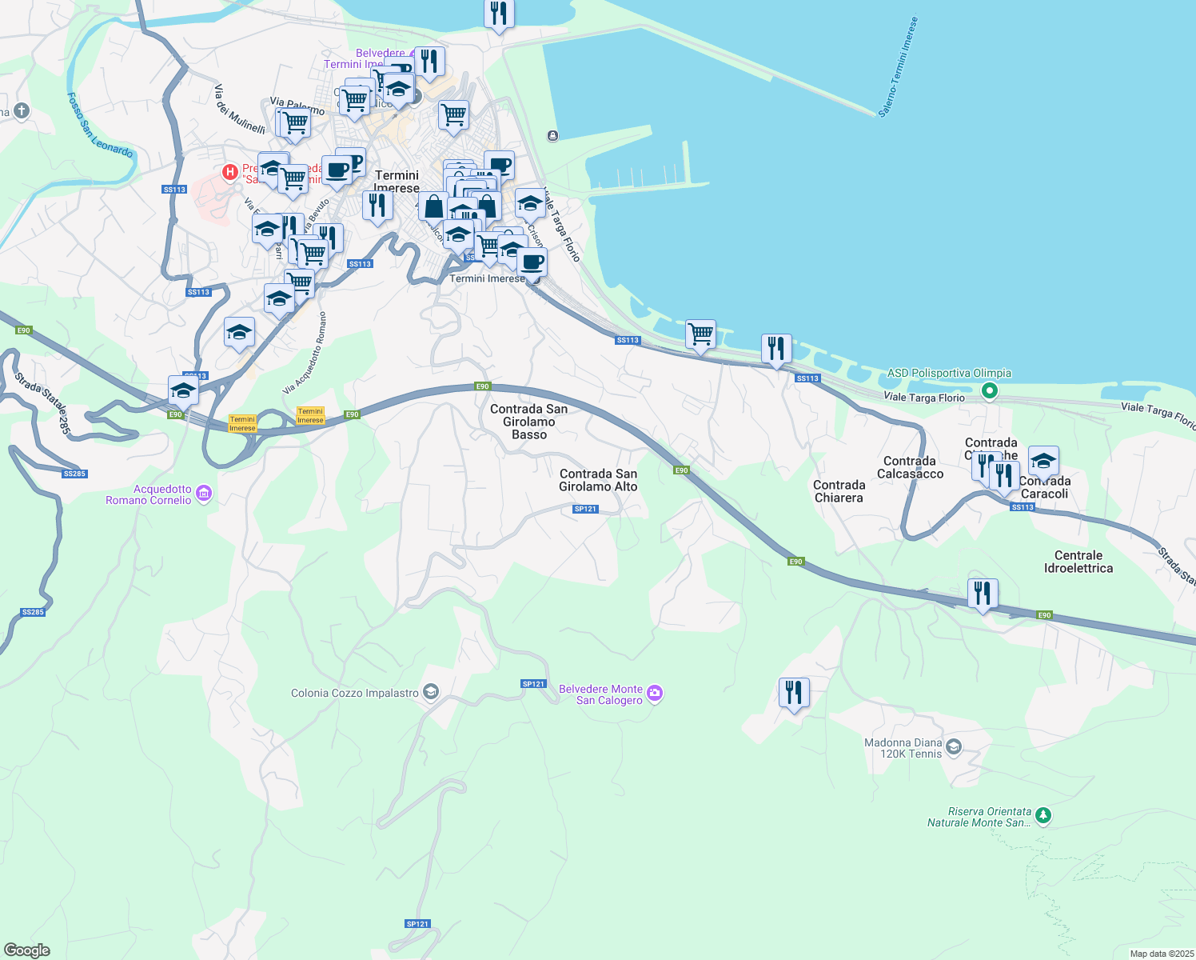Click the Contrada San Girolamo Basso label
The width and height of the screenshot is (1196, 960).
point(528,422)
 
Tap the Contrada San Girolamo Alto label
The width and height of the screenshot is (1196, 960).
point(598,480)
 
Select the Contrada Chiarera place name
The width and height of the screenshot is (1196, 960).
point(839,491)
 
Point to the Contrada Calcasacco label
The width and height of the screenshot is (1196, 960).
point(910,467)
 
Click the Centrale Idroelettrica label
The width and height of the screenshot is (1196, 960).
point(1078,562)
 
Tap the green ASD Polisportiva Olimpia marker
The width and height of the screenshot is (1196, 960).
point(990,391)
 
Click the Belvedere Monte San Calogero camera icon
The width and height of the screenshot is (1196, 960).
point(655,694)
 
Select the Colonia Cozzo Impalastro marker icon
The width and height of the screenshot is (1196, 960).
point(431,692)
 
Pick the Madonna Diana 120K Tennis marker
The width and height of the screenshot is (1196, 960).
point(953,747)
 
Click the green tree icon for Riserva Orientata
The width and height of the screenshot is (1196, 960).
point(1043,816)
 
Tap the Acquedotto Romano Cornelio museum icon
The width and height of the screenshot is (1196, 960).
point(204,494)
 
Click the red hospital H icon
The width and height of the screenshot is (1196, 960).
point(230,171)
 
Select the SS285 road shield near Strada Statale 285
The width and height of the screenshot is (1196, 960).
point(74,474)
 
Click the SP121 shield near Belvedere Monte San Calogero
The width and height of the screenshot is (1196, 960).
point(533,684)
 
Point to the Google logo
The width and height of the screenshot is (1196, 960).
point(27,950)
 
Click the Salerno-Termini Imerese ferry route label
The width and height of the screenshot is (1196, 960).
point(898,68)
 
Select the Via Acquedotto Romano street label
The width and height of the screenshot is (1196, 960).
point(305,353)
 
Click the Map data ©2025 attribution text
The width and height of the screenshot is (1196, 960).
point(1162,954)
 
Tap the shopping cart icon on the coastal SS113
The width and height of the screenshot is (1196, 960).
point(700,334)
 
